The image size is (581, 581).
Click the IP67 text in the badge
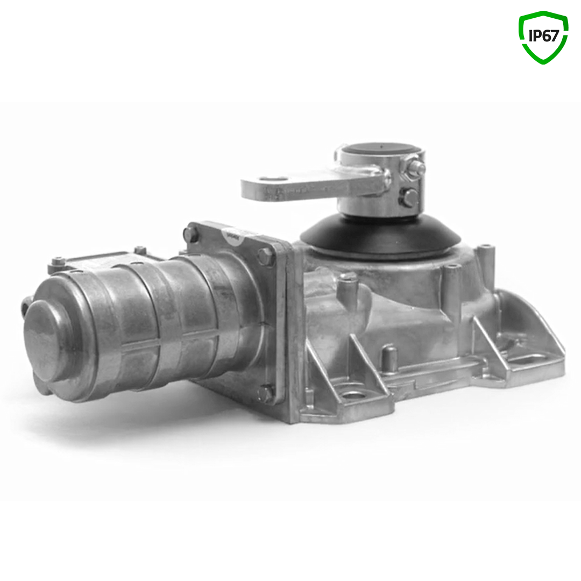pos(543,36)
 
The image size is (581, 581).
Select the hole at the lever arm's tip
pos(272,179)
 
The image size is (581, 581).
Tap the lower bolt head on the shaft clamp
pos(409,197)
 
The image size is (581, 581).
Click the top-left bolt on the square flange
pos(190,234)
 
